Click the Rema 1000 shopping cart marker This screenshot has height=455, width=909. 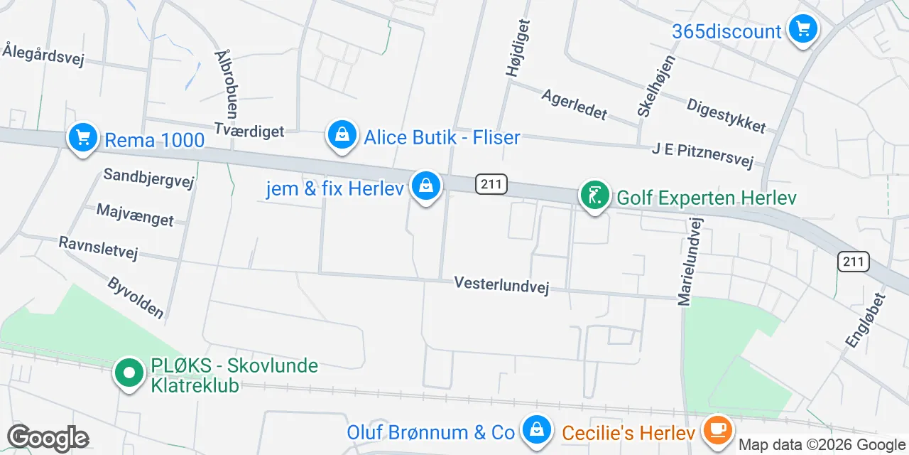[83, 136]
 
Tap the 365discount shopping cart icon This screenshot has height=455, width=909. [803, 30]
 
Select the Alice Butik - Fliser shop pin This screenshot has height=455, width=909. [342, 134]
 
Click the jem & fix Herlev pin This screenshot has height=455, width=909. [425, 186]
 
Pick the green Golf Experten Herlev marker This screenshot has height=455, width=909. [594, 195]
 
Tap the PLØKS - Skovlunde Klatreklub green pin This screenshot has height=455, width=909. [129, 373]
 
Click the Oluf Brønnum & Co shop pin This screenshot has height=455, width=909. [538, 429]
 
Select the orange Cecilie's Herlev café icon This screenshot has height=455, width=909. [718, 429]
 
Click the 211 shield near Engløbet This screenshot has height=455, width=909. [853, 262]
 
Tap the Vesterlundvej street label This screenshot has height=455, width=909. [501, 285]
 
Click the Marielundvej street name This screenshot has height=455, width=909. [685, 262]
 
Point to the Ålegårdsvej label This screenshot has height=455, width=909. [43, 55]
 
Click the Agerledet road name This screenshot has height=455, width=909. [574, 104]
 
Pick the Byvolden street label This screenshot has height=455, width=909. [136, 297]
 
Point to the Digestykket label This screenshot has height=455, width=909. [726, 115]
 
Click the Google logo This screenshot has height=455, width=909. [48, 439]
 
